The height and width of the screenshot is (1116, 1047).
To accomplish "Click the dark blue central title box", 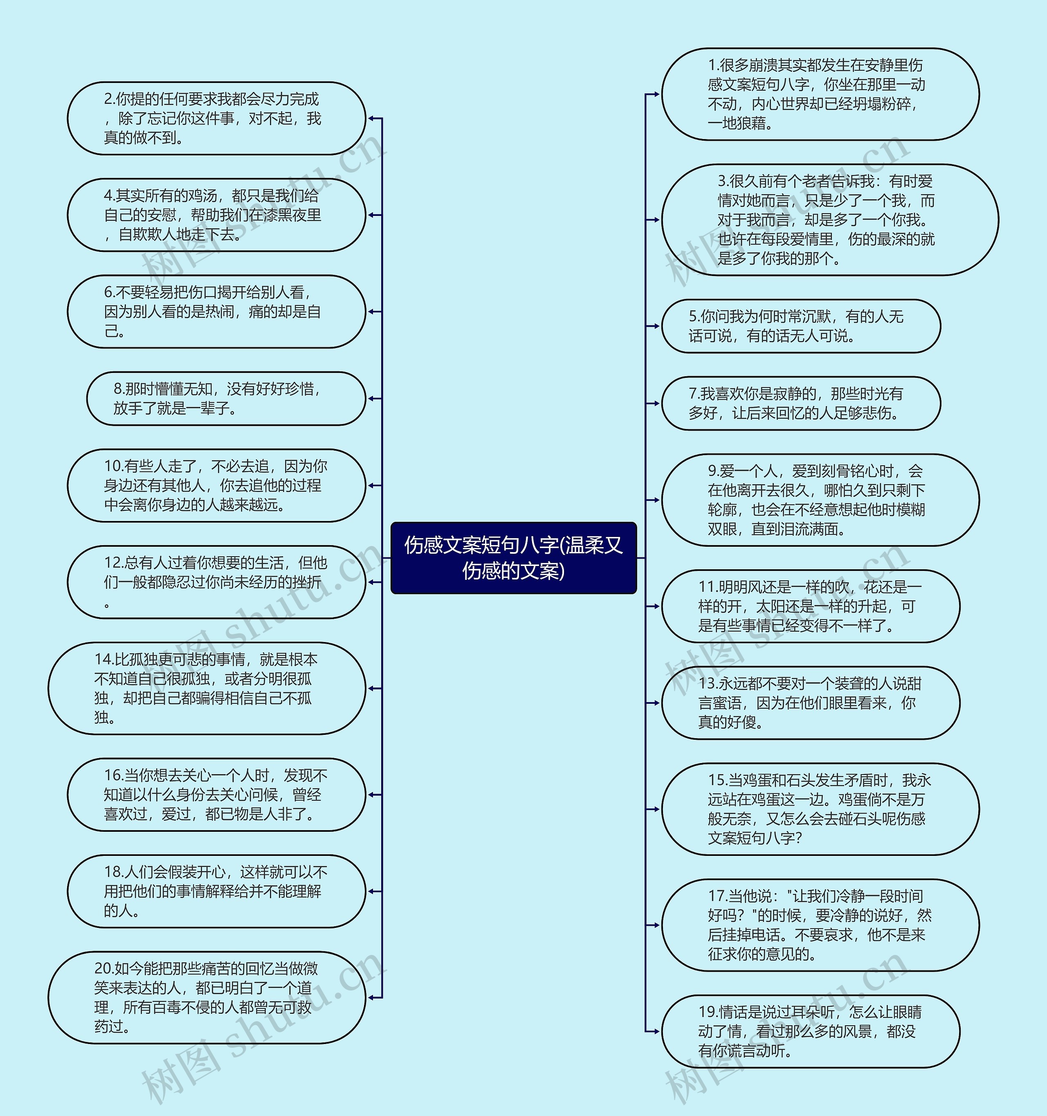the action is (513, 557).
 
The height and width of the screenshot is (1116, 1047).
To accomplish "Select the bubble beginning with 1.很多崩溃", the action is (820, 94).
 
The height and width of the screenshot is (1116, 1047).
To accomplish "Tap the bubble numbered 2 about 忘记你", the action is (216, 119).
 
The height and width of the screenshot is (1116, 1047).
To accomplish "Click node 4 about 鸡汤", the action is (216, 215).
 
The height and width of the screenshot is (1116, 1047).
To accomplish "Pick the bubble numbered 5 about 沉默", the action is (800, 326).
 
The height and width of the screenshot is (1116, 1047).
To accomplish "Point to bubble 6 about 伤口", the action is (216, 312).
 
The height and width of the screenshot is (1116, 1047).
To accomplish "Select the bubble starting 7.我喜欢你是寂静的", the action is (800, 403).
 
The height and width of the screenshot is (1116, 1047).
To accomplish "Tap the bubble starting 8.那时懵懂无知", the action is (226, 399).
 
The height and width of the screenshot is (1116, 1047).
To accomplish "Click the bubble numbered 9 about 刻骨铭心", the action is (820, 500).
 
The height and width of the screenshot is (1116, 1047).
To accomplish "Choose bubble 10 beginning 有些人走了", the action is (216, 485).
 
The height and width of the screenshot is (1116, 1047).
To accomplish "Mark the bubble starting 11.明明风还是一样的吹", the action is (810, 606).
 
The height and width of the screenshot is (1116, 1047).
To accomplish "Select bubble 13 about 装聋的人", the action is (810, 703).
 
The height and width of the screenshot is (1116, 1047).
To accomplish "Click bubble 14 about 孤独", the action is (207, 688).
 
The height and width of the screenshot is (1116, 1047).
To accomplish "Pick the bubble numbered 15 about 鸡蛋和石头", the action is (820, 809).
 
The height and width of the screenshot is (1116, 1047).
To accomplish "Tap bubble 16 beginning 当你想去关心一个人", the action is (216, 795).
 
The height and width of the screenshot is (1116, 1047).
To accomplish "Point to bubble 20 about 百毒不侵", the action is (207, 997).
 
